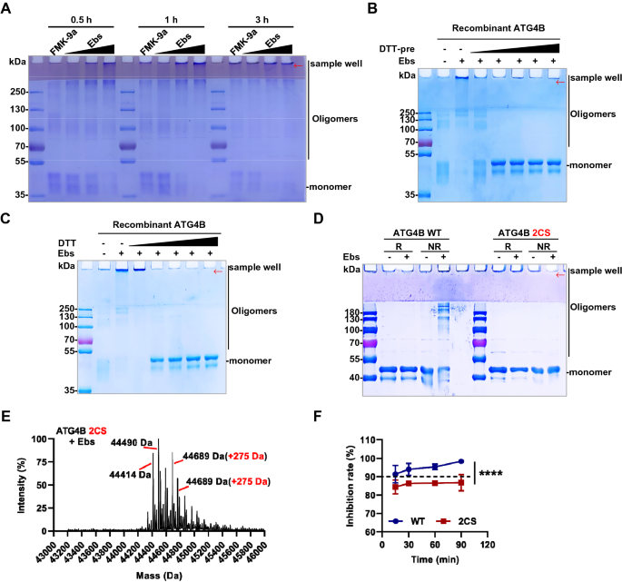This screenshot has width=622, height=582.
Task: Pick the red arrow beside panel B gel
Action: pyautogui.click(x=559, y=82)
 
